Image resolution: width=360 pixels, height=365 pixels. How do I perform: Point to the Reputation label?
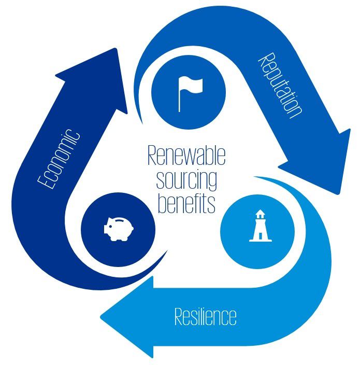tap(280, 85)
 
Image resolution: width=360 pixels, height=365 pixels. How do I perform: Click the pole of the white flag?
tap(179, 99)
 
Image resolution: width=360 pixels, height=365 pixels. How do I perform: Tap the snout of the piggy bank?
tap(106, 227)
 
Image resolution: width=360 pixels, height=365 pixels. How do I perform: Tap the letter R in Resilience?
tap(178, 316)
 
